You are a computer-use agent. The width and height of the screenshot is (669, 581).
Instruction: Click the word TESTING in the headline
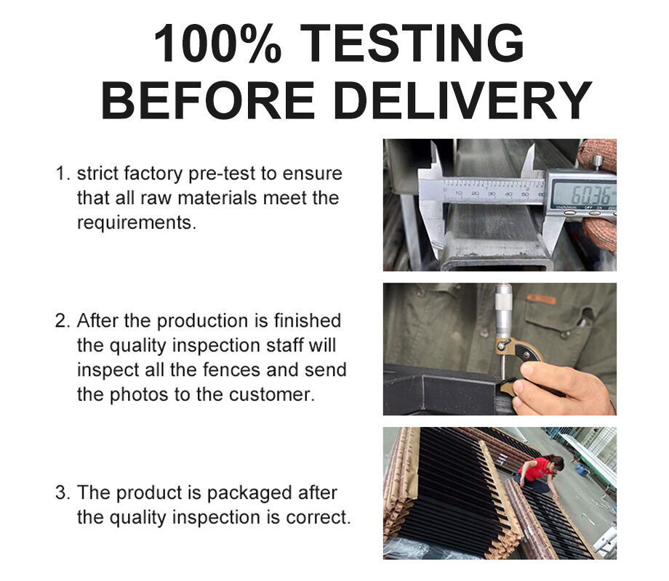point(414,43)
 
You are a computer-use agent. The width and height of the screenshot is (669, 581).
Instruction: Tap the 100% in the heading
point(217,43)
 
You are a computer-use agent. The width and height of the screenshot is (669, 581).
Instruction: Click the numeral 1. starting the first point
point(63,174)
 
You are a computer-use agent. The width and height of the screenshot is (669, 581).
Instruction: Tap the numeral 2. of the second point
point(63,320)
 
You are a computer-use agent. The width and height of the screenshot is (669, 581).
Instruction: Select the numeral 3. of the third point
point(63,492)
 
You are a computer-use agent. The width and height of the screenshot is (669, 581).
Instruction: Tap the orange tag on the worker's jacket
point(541,298)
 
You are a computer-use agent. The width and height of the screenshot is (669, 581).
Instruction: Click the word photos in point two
point(139,395)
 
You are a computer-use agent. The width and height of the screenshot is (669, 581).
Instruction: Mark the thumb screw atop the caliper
point(597,162)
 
